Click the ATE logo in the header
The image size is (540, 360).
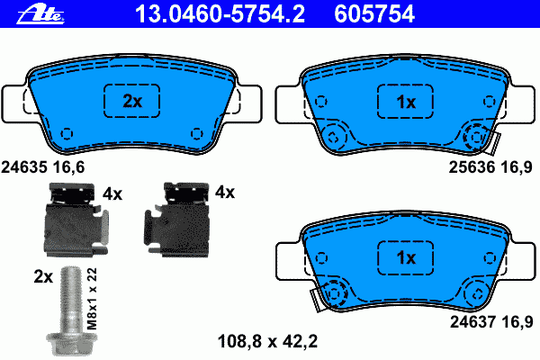click(x=40, y=14)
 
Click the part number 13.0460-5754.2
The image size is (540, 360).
click(x=220, y=14)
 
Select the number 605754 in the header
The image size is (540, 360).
click(x=374, y=14)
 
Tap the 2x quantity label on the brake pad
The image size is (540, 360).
click(x=132, y=101)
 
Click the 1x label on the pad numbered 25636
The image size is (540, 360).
click(x=406, y=102)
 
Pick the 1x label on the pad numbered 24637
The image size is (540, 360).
click(x=406, y=257)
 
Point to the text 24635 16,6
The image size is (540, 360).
click(x=42, y=167)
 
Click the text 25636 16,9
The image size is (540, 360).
click(x=490, y=167)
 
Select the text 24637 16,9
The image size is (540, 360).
click(x=491, y=322)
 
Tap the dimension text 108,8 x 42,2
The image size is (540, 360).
click(x=267, y=341)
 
